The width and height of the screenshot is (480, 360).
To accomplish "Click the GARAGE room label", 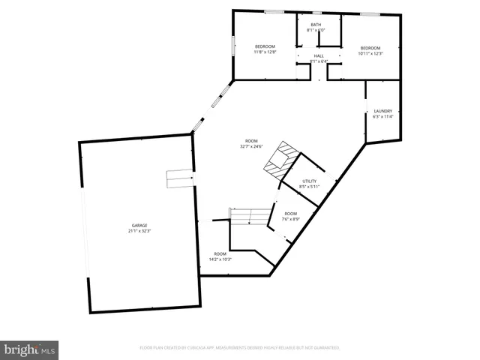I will tap(140, 226).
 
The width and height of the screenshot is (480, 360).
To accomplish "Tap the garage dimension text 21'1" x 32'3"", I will tap(140, 232).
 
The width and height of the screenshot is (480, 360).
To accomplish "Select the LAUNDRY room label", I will tap(383, 111).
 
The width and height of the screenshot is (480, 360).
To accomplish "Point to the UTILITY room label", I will tap(310, 181).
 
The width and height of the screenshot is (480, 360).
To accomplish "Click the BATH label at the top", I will tap(316, 25).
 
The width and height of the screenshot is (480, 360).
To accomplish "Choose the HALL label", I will tap(319, 56).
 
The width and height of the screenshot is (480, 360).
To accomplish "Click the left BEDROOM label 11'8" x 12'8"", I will tap(265, 46).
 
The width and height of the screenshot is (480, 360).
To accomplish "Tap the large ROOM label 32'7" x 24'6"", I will tap(251, 141).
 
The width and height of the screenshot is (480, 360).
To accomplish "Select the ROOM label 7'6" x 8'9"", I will tap(291, 214).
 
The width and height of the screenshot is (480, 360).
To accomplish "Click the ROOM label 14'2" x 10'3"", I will tap(220, 253).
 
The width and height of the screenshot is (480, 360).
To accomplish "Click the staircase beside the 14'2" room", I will tap(249, 217).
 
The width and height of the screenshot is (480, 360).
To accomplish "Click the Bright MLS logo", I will tap(30, 349).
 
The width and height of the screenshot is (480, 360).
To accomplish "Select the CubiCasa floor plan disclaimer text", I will tap(240, 348).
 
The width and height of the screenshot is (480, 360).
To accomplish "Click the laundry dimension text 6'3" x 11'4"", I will tap(383, 117).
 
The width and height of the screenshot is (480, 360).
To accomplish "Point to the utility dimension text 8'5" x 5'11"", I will tap(310, 186).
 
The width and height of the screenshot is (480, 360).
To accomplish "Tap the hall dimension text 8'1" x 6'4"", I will tap(319, 61).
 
